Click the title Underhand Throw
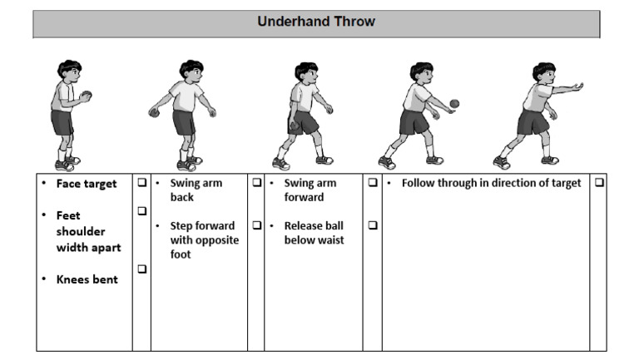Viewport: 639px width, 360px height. coord(316,22)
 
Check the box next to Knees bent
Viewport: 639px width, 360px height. coord(141,269)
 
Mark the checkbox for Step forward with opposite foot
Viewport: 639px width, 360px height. coord(256,225)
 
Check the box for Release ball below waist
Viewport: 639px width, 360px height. coord(372,225)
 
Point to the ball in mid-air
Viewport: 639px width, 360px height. coord(454,103)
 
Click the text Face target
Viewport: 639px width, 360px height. coord(87,184)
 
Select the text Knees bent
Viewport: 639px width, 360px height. coord(87,279)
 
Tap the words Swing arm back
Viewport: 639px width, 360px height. coord(196,190)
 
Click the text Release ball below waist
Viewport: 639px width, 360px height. coord(313,233)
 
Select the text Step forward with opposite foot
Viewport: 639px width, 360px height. coord(204,239)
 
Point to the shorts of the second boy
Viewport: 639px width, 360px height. coord(184,121)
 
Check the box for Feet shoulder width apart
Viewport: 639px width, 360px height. coord(141,212)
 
